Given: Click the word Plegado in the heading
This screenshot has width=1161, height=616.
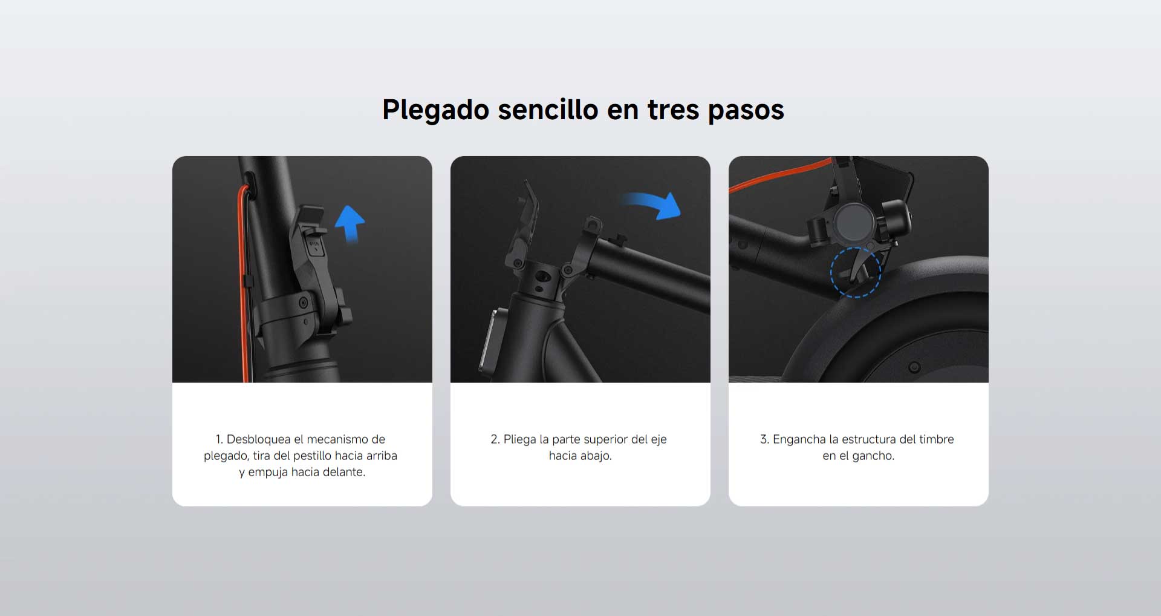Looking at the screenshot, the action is click(x=436, y=111).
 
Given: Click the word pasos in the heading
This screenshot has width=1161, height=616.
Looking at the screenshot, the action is click(x=746, y=111).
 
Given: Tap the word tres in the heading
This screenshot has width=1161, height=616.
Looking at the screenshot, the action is click(x=673, y=111).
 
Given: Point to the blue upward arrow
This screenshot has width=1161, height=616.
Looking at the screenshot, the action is click(x=350, y=223).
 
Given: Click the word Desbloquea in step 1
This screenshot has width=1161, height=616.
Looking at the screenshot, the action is click(x=258, y=439).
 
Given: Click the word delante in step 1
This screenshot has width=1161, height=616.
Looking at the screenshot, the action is click(x=343, y=472).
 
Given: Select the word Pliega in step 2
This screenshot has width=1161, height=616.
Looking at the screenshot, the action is click(x=519, y=439).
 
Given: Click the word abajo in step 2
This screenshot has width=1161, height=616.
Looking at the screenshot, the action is click(x=596, y=456).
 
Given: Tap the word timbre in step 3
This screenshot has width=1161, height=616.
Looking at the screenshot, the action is click(x=937, y=439).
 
